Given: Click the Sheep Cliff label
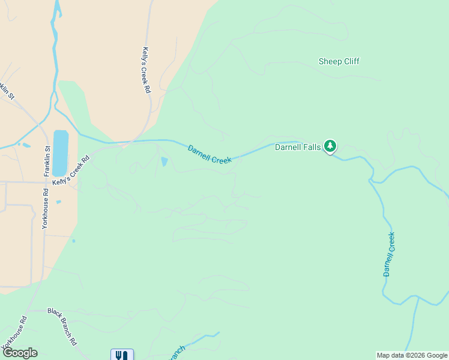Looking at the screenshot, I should tap(339, 61).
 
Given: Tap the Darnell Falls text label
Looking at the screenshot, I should tap(298, 146).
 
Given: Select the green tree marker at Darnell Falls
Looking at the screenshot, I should tap(330, 146).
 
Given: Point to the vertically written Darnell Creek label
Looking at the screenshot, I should tap(390, 254).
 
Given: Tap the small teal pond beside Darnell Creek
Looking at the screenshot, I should tap(164, 161).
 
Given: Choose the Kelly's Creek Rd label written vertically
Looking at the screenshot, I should tap(146, 70).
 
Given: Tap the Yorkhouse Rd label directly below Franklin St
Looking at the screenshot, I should tap(45, 209).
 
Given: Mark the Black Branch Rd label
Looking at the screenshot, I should tap(62, 326).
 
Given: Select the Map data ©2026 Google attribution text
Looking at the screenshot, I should tap(412, 355).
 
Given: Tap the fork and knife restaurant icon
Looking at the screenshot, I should tap(122, 355).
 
